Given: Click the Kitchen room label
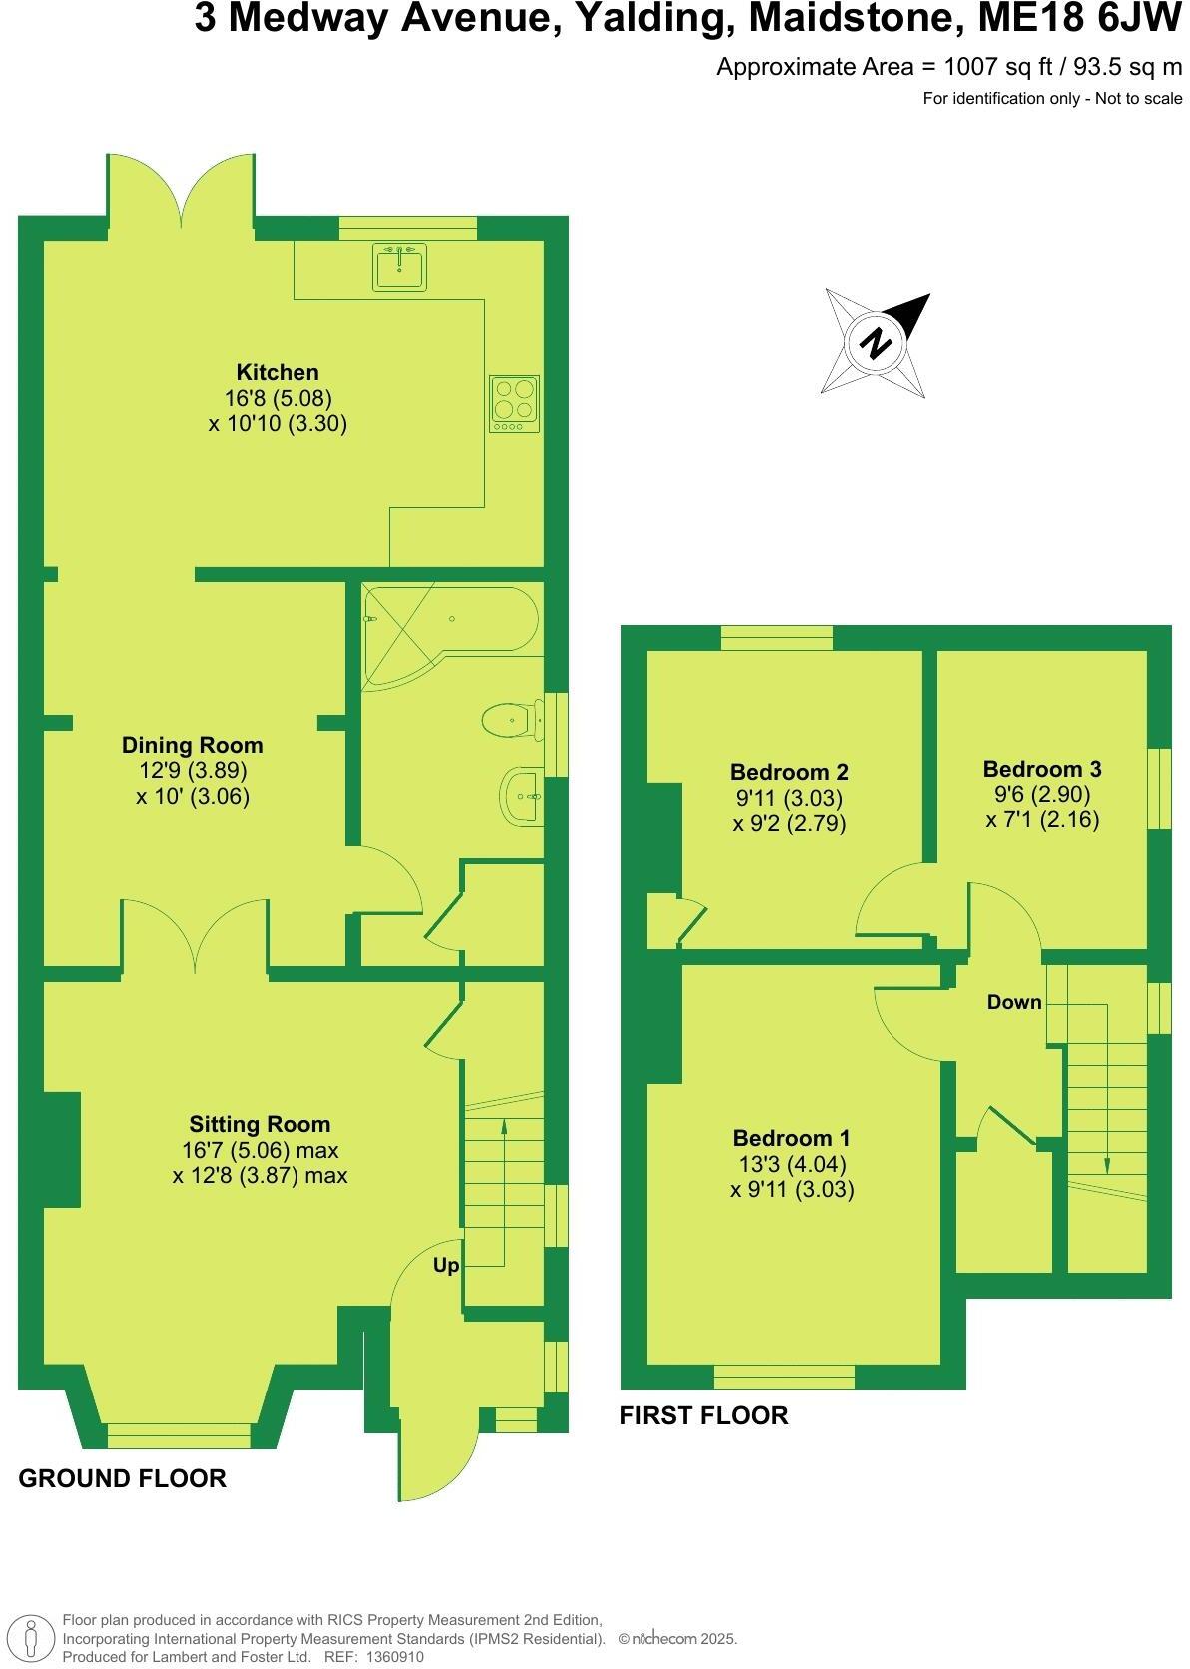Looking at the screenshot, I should [x=278, y=372].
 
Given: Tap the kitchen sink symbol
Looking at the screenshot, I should [x=400, y=266].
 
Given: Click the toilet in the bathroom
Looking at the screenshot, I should [x=507, y=719].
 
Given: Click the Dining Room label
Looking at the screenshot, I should [x=193, y=745].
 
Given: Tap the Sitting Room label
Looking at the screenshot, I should [x=260, y=1124].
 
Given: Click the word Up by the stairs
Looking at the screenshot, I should [x=446, y=1265].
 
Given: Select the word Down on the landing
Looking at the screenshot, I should [x=1014, y=1002].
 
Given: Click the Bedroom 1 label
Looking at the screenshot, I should [x=792, y=1138].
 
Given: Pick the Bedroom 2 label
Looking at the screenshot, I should [x=789, y=772].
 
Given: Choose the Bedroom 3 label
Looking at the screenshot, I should [x=1042, y=769].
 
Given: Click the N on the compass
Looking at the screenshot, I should [x=877, y=343].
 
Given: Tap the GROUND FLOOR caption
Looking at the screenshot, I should [x=123, y=1478].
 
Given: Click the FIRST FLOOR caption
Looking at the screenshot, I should [x=704, y=1415].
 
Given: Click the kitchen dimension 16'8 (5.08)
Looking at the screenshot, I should [x=278, y=398].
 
